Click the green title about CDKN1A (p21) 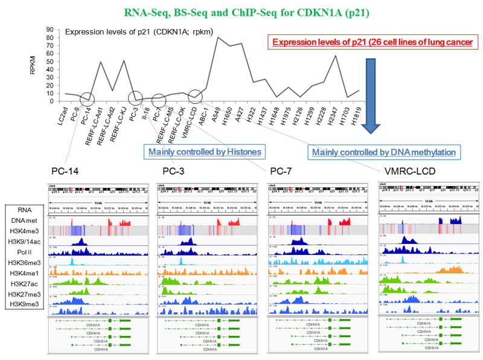click(241, 11)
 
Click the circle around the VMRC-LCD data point click(195, 96)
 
